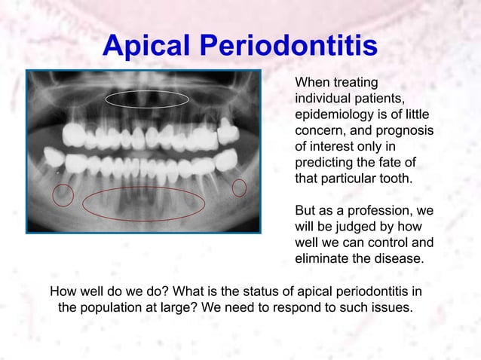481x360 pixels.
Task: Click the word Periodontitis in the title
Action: (x=289, y=46)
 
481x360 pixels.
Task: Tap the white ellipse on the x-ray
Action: (x=147, y=99)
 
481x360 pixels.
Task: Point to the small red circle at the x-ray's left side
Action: (x=63, y=196)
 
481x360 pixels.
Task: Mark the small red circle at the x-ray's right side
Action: (x=239, y=188)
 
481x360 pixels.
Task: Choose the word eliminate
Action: (x=321, y=259)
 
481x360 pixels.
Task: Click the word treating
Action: (x=354, y=82)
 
